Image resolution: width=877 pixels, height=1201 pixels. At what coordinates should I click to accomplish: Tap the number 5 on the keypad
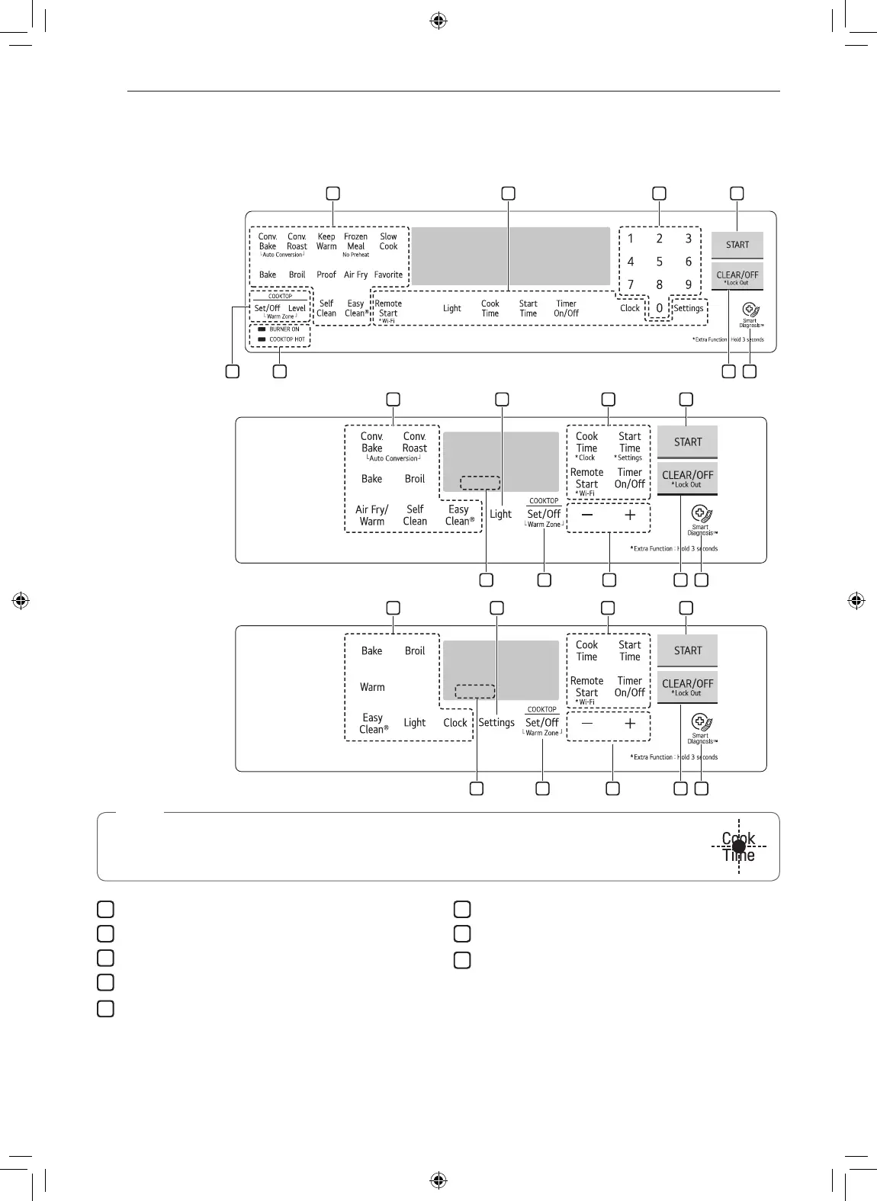coord(660,262)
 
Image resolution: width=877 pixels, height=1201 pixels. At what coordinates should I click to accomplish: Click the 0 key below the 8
coord(660,309)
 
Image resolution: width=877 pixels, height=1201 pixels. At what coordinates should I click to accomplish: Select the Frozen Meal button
coord(355,242)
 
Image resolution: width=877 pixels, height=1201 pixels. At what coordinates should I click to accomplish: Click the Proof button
coord(326,275)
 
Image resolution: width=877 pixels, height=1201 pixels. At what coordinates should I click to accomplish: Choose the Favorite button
coord(388,275)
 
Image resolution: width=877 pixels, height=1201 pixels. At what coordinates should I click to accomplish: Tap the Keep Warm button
coord(326,242)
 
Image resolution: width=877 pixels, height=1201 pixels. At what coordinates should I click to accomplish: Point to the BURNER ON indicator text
coord(284,329)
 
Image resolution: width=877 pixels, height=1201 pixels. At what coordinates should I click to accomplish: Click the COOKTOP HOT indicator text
coord(287,339)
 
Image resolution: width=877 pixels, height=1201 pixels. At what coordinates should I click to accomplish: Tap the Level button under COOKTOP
coord(297,308)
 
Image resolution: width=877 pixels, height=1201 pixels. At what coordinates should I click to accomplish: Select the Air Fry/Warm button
coord(372,515)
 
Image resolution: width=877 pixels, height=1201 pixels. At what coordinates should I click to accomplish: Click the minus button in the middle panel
coord(587,515)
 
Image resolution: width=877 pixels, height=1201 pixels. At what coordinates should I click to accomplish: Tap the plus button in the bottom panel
coord(630,724)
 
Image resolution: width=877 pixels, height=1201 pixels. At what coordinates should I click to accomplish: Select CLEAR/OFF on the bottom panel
coord(687,686)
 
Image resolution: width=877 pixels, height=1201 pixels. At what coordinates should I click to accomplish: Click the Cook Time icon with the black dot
coord(738,846)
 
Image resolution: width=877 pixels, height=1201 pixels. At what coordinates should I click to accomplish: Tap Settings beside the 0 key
coord(689,308)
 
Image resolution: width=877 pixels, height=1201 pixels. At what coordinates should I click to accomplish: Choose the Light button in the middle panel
coord(500,514)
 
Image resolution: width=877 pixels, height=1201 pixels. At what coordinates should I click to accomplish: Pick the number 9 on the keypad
coord(688,285)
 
